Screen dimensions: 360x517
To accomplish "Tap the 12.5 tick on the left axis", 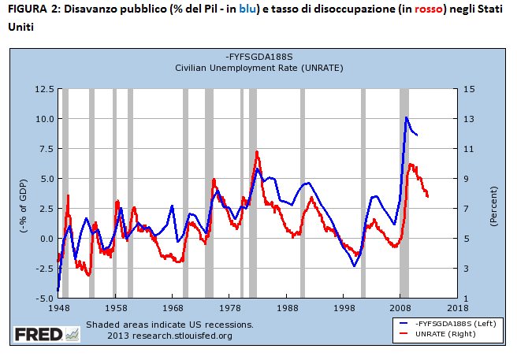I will coord(41,89).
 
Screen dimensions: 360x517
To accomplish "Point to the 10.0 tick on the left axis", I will coord(41,119).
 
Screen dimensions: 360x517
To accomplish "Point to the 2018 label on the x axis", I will coord(457,309).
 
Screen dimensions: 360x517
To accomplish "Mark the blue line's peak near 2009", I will coord(406,117).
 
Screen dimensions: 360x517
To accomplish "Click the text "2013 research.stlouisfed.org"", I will coord(169,336).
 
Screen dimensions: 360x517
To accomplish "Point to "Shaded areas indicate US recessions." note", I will coord(169,325).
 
